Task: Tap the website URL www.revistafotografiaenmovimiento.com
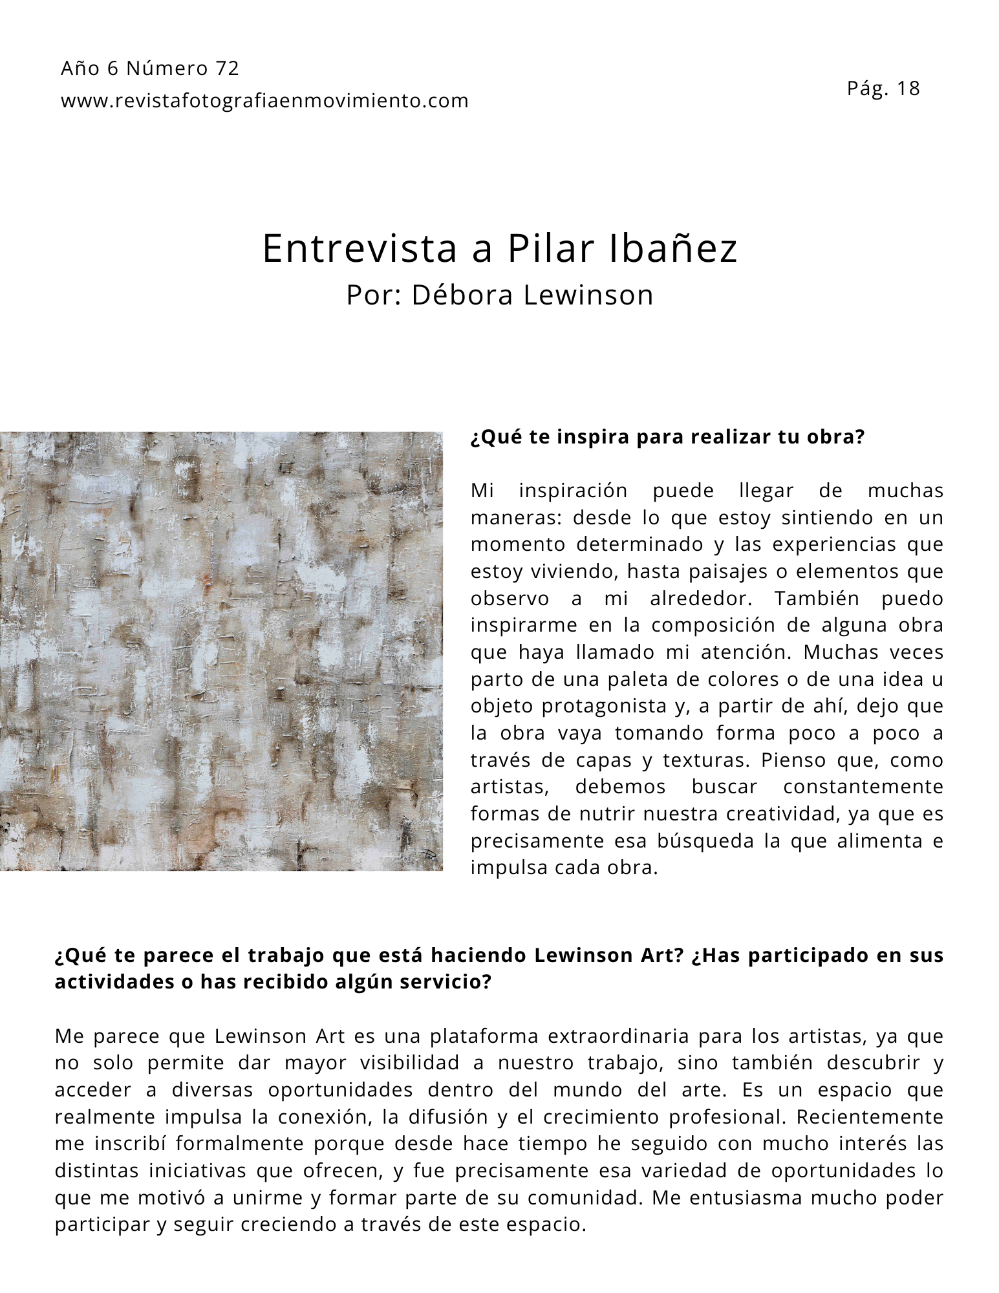[264, 101]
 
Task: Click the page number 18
[908, 89]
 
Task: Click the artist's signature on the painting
[428, 856]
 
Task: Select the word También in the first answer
[816, 599]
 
